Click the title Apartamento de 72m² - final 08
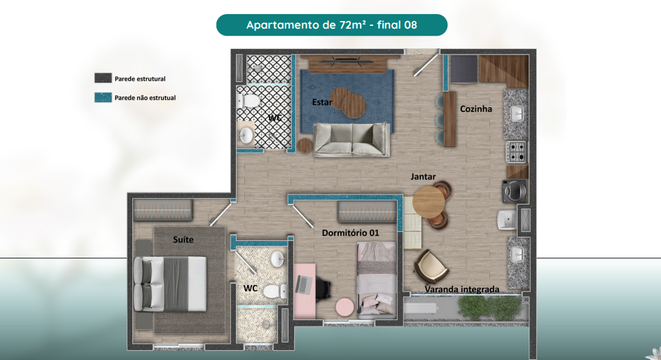pos(332,25)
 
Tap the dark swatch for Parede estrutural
pos(103,78)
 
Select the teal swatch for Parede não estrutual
pos(103,97)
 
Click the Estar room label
pos(322,102)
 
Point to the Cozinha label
pos(476,109)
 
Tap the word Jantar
pos(423,176)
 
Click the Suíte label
pos(183,240)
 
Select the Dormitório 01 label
pos(350,233)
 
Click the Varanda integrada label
pos(462,289)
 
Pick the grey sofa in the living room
pos(352,139)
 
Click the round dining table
pos(429,202)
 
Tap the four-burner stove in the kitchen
pos(516,152)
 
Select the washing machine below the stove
pos(515,191)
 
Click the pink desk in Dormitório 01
pos(305,291)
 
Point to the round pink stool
pos(345,307)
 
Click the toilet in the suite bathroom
pos(275,291)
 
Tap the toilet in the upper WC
pos(249,101)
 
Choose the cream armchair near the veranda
pos(431,265)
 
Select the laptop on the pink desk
pos(302,284)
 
